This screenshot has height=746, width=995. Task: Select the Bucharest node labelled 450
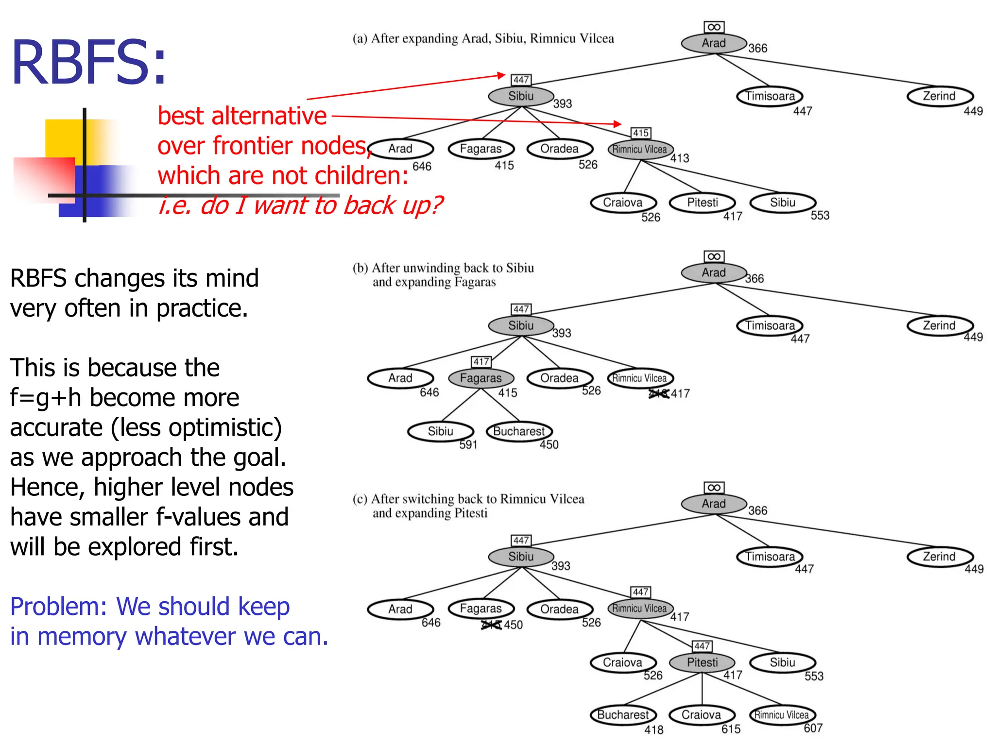pyautogui.click(x=519, y=431)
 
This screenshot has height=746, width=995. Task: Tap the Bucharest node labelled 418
pyautogui.click(x=623, y=715)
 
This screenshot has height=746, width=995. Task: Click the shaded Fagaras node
pyautogui.click(x=480, y=378)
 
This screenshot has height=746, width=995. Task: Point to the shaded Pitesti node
pyautogui.click(x=702, y=662)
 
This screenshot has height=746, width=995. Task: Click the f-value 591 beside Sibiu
pyautogui.click(x=468, y=444)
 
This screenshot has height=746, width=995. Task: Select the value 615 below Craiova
pyautogui.click(x=731, y=729)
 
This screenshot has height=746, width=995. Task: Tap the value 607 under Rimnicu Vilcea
pyautogui.click(x=813, y=728)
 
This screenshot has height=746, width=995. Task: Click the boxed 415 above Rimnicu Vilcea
pyautogui.click(x=641, y=133)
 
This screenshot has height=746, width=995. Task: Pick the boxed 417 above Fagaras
pyautogui.click(x=481, y=362)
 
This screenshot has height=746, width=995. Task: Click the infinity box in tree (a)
pyautogui.click(x=714, y=27)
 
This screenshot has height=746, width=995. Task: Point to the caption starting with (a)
pyautogui.click(x=483, y=39)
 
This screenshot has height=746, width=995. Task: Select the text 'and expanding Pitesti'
pyautogui.click(x=429, y=513)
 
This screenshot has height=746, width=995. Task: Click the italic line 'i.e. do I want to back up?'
pyautogui.click(x=300, y=205)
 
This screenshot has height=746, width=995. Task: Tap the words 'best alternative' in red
pyautogui.click(x=242, y=116)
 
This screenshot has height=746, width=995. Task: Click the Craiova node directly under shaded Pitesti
pyautogui.click(x=701, y=715)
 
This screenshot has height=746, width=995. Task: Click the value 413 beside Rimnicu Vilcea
pyautogui.click(x=680, y=158)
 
